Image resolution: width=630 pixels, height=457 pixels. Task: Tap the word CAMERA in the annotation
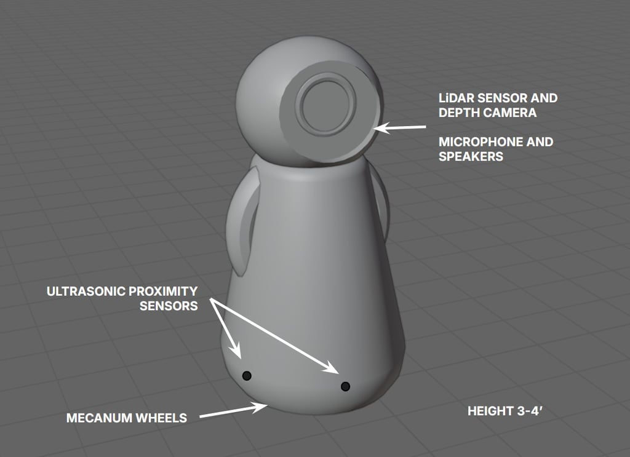click(x=509, y=113)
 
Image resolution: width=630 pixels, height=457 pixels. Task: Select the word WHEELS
click(x=161, y=418)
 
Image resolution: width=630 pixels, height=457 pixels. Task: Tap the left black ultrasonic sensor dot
click(x=247, y=375)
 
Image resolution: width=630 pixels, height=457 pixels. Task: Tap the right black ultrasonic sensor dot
click(x=345, y=386)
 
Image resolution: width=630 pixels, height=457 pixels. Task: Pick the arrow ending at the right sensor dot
click(x=277, y=338)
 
